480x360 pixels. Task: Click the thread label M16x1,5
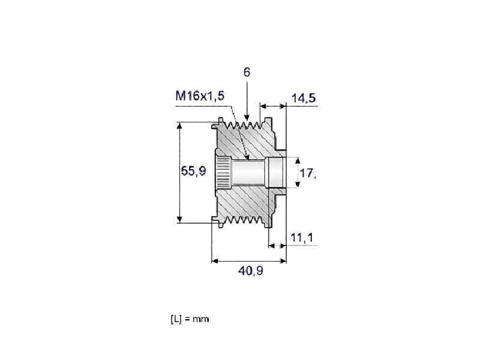pos(200,96)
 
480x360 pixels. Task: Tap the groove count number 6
pos(247,72)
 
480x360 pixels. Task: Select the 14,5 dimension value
pos(304,98)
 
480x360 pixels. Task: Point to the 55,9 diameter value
pos(193,171)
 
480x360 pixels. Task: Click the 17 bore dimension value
pos(307,173)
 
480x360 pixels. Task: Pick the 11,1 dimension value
pos(302,237)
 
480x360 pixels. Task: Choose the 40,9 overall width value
pos(250,271)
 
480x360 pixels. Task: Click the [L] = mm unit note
pos(190,319)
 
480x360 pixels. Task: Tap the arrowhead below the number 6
pos(247,117)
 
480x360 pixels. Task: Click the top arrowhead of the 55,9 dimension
pos(179,125)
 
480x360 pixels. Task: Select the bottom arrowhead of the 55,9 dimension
pos(179,220)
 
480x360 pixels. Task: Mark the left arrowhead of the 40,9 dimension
pos(215,261)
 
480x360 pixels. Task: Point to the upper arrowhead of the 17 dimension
pos(297,160)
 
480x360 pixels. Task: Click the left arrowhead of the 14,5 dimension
pos(263,107)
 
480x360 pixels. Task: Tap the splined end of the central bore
pos(223,173)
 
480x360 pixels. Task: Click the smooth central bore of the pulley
pos(248,173)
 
